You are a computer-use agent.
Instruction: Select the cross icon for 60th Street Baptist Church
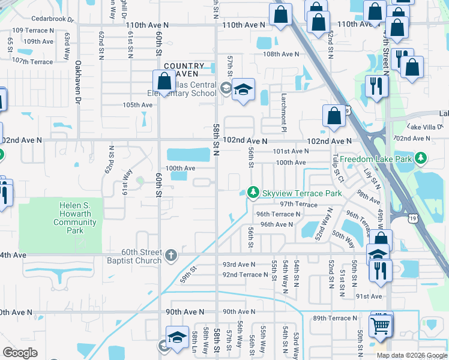click(171, 256)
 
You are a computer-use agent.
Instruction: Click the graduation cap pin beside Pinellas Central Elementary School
click(243, 90)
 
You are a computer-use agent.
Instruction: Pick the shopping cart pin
click(380, 326)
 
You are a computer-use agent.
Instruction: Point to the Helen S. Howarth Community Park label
click(75, 218)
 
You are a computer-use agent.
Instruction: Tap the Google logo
click(20, 353)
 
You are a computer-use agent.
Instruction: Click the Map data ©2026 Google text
click(411, 355)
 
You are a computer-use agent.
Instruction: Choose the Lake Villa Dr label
click(424, 127)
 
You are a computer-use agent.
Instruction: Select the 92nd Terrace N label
click(245, 275)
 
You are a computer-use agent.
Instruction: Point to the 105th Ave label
click(138, 104)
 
